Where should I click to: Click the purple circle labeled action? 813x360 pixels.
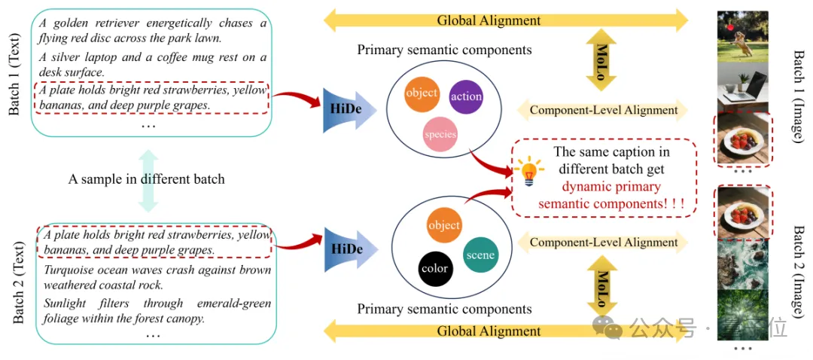point(467,96)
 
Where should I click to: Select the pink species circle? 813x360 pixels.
point(440,135)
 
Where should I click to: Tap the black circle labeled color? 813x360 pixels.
point(435,268)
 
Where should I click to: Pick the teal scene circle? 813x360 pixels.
point(480,255)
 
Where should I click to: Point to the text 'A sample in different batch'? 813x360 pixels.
point(146,179)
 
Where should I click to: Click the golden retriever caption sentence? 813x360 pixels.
point(151,30)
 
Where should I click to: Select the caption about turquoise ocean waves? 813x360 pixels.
point(157,277)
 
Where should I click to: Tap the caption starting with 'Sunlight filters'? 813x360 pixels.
point(157,311)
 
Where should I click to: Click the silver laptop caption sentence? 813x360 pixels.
point(151,65)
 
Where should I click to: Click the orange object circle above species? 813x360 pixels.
point(422,93)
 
